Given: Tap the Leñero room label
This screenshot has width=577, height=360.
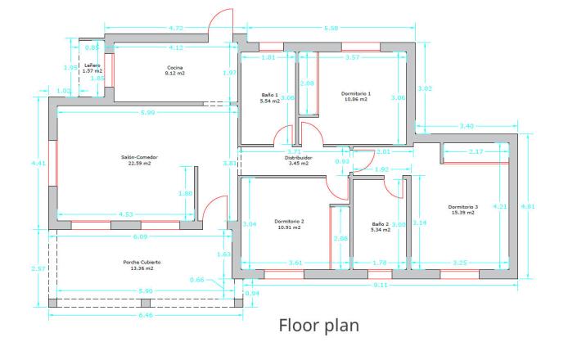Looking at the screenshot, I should [x=92, y=65].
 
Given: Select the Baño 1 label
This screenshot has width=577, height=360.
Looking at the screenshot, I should [x=270, y=95].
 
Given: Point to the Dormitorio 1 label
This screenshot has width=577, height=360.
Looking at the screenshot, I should [x=356, y=94].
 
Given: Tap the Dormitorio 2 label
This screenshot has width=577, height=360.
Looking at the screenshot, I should [x=289, y=221].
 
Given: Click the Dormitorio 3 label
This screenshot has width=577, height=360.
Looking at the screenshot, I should [x=462, y=207].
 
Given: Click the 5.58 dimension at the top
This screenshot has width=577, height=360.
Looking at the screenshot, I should [x=331, y=29].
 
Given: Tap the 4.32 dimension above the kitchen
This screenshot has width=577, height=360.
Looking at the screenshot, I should [x=176, y=29].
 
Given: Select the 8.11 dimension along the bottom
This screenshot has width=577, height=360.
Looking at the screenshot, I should [x=381, y=285].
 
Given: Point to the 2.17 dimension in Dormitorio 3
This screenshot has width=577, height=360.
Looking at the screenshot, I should [x=476, y=152].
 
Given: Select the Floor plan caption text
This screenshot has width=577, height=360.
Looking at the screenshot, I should [x=319, y=326].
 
